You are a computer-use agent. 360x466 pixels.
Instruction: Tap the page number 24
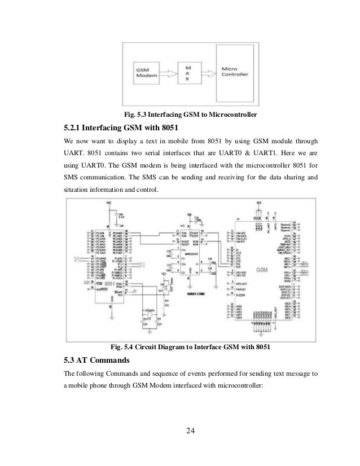(190, 432)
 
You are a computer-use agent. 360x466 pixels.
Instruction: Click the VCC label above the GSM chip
(259, 202)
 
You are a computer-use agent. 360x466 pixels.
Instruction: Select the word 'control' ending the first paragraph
(147, 191)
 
